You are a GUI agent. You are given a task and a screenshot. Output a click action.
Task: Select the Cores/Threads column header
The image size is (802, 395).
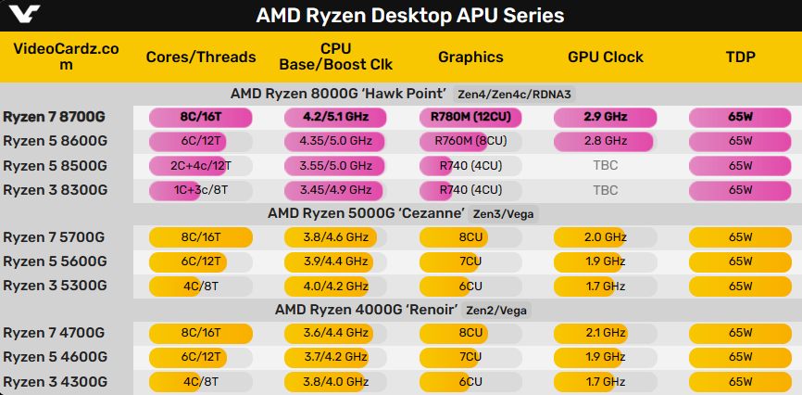coord(201,57)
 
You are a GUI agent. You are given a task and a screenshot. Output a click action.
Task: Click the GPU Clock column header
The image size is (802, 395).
coord(605,57)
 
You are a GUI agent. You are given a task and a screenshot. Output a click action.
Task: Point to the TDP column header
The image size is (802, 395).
coord(740,57)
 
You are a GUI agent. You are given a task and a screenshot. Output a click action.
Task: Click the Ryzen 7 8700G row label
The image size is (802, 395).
coord(55,117)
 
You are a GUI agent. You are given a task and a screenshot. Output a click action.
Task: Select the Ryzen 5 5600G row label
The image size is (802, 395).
coord(55,261)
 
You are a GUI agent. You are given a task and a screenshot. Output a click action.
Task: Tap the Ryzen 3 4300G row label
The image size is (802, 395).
coord(55,381)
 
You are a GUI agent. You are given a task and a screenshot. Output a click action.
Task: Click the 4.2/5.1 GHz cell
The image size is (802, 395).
coord(335,117)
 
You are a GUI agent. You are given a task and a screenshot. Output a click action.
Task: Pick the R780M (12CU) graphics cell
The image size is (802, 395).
coord(470,117)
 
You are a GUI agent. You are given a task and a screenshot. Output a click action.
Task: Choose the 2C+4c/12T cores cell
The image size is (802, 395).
coord(201,165)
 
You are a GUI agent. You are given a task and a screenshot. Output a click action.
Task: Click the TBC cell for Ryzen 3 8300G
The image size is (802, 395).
coord(605,189)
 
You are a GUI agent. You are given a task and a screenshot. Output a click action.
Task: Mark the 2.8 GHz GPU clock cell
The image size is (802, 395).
coord(605,141)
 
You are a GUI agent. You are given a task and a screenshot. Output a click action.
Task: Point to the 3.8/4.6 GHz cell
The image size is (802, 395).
coord(335,236)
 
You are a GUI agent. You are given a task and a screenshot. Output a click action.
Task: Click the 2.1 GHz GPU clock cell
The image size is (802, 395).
coord(605,333)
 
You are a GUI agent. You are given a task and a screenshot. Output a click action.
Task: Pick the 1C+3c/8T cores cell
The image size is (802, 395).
coord(201,189)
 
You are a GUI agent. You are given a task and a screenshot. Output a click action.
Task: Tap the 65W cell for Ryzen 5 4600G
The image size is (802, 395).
coord(740,357)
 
